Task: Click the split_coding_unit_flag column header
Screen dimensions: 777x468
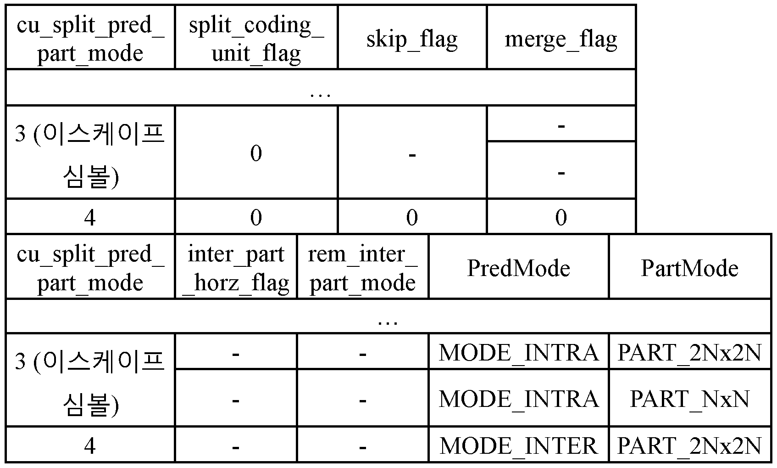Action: pyautogui.click(x=256, y=38)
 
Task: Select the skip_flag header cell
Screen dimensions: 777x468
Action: pyautogui.click(x=412, y=38)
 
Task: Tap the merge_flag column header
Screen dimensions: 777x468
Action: pyautogui.click(x=561, y=38)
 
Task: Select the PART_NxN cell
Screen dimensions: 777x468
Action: pyautogui.click(x=689, y=398)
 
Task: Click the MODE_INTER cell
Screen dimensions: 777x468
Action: pyautogui.click(x=518, y=445)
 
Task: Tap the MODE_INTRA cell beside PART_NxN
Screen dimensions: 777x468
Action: pyautogui.click(x=518, y=398)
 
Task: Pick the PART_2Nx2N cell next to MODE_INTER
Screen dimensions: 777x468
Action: pyautogui.click(x=689, y=445)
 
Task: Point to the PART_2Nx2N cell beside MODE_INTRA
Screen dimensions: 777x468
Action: pyautogui.click(x=689, y=352)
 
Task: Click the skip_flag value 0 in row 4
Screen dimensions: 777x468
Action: pyautogui.click(x=412, y=217)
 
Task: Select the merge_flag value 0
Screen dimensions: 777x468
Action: pyautogui.click(x=561, y=217)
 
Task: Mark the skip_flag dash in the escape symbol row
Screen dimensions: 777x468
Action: pyautogui.click(x=412, y=155)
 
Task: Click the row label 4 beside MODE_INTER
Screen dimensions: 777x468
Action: pyautogui.click(x=90, y=445)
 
